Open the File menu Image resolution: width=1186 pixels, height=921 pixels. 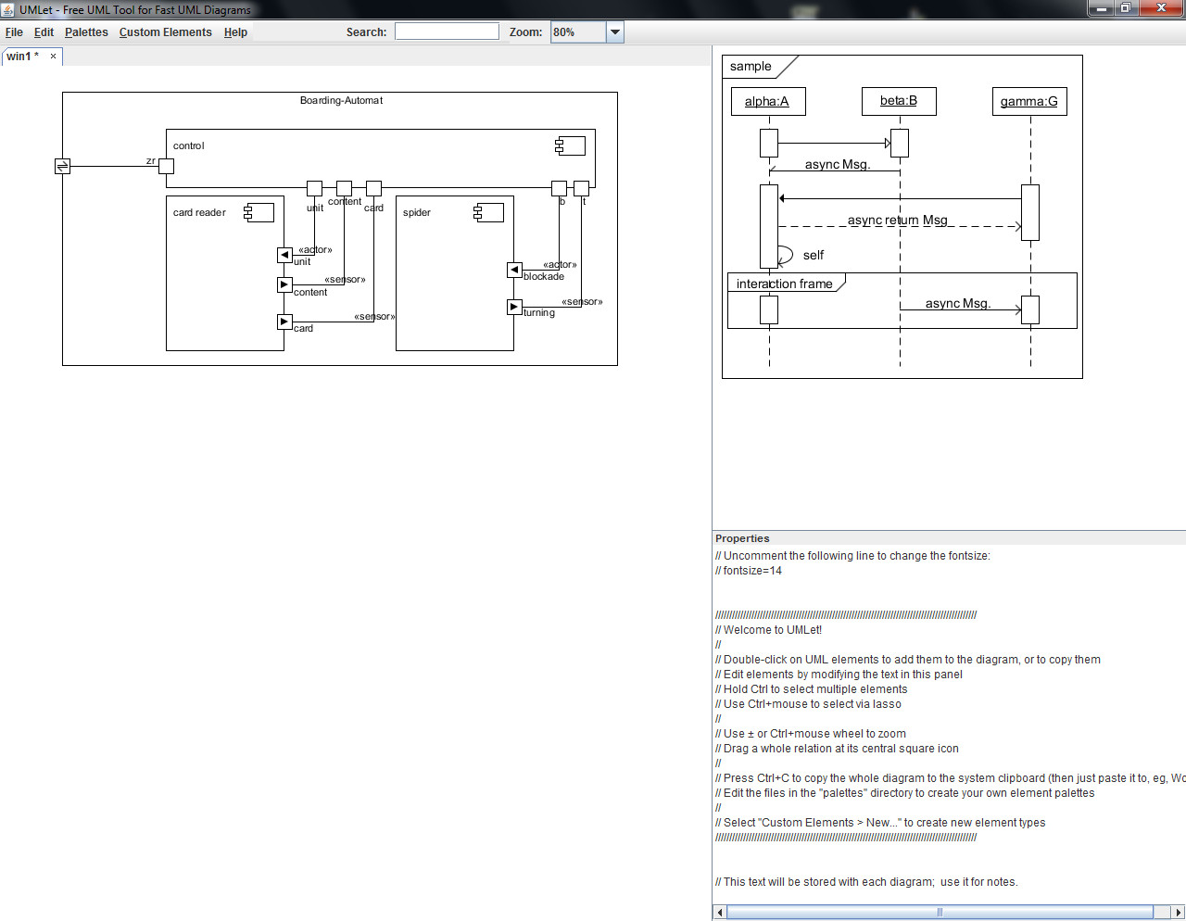pyautogui.click(x=14, y=32)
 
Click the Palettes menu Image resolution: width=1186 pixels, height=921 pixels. pyautogui.click(x=86, y=32)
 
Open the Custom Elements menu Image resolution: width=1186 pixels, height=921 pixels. pyautogui.click(x=165, y=32)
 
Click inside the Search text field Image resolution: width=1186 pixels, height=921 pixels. pyautogui.click(x=447, y=32)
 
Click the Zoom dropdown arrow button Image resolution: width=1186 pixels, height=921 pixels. pyautogui.click(x=614, y=32)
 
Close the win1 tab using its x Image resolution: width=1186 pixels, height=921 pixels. pyautogui.click(x=53, y=57)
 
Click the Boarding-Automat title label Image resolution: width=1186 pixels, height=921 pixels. pyautogui.click(x=341, y=100)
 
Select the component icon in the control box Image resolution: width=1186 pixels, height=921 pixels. pyautogui.click(x=570, y=146)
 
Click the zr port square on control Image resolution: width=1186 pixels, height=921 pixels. pyautogui.click(x=166, y=166)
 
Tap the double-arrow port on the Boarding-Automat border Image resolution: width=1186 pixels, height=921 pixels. pyautogui.click(x=62, y=166)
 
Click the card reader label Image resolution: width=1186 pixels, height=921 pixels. pyautogui.click(x=199, y=212)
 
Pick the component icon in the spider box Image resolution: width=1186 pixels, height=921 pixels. pyautogui.click(x=488, y=213)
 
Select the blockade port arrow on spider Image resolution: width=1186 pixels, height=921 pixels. pyautogui.click(x=514, y=270)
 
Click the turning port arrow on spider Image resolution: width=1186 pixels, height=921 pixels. pyautogui.click(x=514, y=308)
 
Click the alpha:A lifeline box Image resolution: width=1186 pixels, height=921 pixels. pyautogui.click(x=768, y=102)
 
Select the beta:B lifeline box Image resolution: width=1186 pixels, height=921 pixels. pyautogui.click(x=899, y=101)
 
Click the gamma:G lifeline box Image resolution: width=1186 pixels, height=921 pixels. pyautogui.click(x=1029, y=102)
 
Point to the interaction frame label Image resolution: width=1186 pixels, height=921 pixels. pyautogui.click(x=784, y=284)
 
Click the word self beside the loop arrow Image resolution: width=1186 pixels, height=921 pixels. pyautogui.click(x=814, y=255)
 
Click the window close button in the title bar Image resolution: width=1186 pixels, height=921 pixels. pyautogui.click(x=1161, y=8)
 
